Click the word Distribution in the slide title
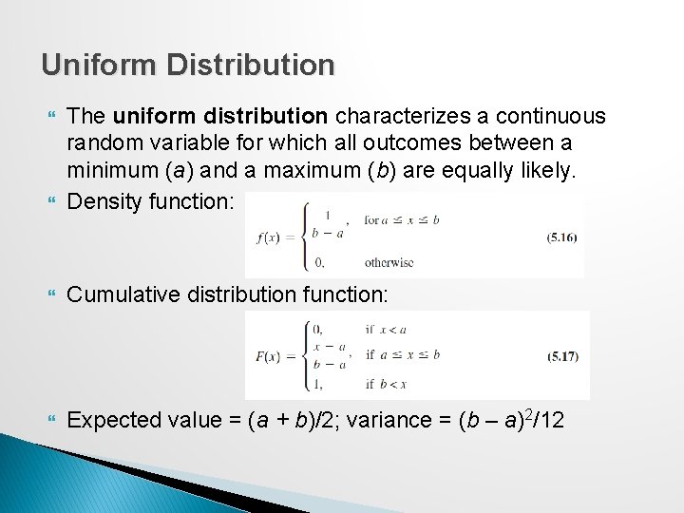(x=250, y=65)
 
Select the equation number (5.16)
(x=562, y=237)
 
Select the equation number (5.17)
(x=562, y=356)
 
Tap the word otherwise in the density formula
(x=389, y=262)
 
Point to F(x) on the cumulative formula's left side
(x=275, y=356)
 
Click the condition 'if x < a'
(x=386, y=329)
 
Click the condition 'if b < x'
(x=386, y=384)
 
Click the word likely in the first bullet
(x=549, y=172)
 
